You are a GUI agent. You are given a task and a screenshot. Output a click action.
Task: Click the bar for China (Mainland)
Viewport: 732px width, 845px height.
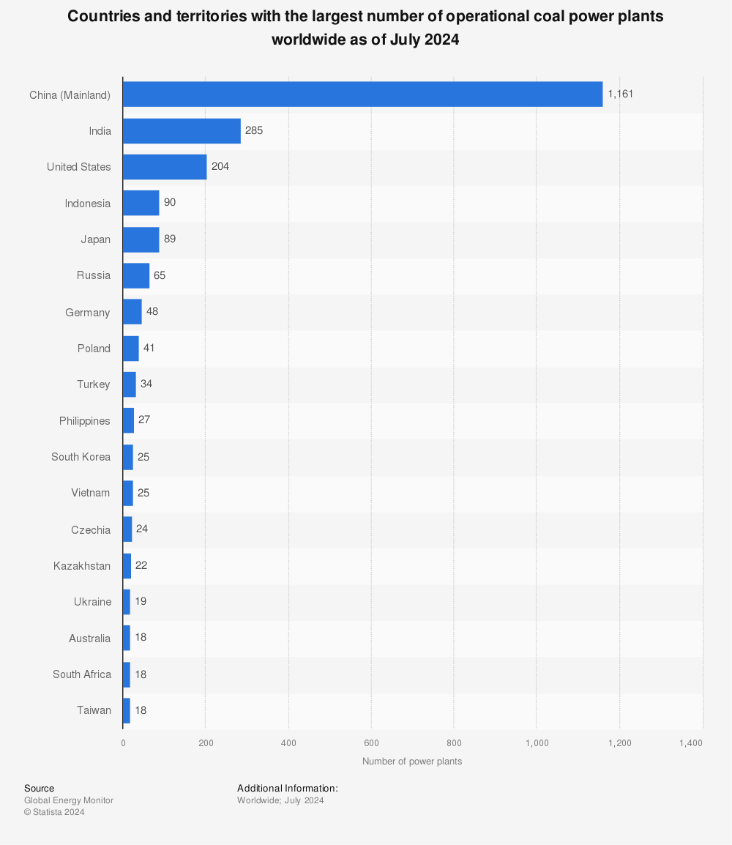362,94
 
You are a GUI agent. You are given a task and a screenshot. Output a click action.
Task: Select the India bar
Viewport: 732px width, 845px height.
182,131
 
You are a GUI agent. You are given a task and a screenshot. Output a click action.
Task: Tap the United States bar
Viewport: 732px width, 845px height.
165,167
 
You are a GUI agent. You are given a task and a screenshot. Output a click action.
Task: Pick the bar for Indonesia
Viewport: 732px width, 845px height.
141,203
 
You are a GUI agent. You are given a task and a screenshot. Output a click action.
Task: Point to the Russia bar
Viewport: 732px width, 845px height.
136,275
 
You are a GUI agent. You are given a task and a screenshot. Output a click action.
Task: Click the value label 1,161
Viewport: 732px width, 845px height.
621,94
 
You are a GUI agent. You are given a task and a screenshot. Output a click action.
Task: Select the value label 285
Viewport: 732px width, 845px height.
254,131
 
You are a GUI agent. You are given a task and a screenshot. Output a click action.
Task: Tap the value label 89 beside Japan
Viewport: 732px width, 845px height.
170,239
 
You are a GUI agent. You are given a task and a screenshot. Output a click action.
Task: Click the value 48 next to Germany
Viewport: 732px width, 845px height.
152,311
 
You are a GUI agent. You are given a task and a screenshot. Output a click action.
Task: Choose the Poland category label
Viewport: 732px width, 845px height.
94,349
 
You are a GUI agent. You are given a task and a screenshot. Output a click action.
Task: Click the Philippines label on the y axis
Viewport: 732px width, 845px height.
85,421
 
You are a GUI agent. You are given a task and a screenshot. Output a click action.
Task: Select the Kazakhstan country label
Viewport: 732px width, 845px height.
82,565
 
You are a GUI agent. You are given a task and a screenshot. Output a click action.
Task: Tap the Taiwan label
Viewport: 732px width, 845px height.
94,710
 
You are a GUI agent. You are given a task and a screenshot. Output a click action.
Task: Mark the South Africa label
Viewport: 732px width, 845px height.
82,674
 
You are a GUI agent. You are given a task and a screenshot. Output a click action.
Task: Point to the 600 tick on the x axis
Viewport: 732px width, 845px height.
371,743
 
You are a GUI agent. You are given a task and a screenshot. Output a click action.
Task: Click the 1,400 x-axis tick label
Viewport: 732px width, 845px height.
690,743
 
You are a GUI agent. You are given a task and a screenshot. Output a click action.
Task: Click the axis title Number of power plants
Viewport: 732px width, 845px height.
412,762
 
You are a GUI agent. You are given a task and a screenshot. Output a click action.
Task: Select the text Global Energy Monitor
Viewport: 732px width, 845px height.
69,800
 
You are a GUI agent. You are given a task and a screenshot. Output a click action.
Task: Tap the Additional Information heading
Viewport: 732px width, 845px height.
287,788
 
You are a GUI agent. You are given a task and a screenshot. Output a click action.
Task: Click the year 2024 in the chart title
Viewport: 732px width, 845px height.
441,40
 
